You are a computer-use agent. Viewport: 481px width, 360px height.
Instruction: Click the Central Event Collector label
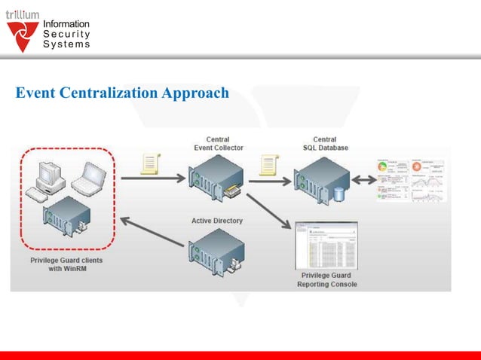(218, 143)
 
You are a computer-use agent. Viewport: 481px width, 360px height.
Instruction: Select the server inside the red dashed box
(69, 219)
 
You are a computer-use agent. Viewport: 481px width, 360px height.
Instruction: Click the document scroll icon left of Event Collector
(152, 163)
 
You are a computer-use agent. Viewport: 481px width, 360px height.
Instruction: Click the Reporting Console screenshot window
(326, 245)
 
